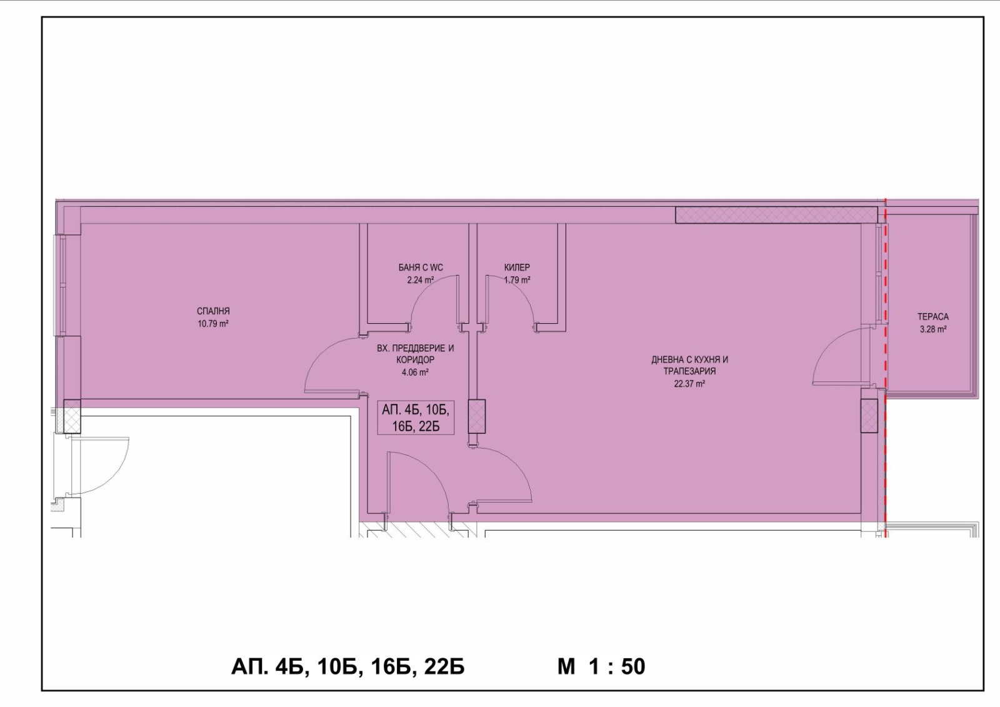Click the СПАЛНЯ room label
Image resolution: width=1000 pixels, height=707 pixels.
click(213, 311)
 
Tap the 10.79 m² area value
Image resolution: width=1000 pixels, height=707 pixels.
click(213, 324)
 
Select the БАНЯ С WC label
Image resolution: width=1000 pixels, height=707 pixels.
click(421, 268)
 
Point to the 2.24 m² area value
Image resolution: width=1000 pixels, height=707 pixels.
click(421, 280)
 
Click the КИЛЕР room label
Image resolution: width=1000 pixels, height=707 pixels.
click(517, 268)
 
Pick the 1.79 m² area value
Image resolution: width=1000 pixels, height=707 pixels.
click(517, 280)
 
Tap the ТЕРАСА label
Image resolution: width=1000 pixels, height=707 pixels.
click(933, 317)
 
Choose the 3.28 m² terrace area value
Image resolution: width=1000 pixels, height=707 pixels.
click(933, 329)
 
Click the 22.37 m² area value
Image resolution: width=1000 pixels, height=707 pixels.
click(690, 383)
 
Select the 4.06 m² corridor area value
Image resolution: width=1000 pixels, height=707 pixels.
click(415, 372)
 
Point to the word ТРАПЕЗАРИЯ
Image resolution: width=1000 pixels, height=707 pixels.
click(690, 371)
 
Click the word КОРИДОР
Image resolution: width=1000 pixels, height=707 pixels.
click(415, 360)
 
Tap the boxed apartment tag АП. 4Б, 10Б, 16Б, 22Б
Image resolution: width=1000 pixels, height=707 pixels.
click(416, 418)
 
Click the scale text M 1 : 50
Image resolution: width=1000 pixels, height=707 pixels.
click(601, 667)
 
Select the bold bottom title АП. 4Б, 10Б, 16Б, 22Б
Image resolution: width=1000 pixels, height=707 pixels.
click(347, 667)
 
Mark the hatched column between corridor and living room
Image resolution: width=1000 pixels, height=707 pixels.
click(476, 416)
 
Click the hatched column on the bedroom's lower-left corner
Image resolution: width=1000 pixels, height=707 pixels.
click(72, 416)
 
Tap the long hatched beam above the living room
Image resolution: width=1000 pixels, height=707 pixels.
click(776, 215)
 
